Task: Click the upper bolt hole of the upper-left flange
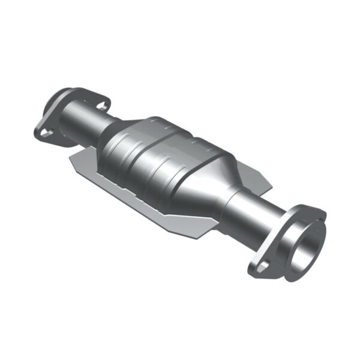coord(101,106)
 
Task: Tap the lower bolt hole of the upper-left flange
coord(44,128)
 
